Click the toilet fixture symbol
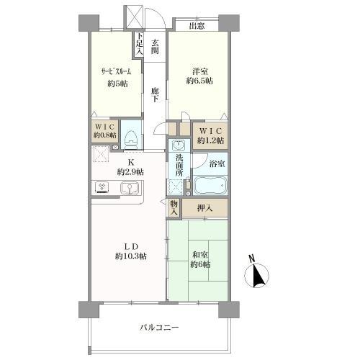130,140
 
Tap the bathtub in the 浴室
210,185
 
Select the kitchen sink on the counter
130,187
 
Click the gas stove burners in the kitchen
102,187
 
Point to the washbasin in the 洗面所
179,145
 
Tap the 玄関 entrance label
155,46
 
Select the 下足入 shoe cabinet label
140,44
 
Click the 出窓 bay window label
197,26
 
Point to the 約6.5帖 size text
199,81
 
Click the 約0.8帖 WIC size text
105,135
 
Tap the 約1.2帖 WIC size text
210,140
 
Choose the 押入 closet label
205,208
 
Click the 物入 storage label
174,208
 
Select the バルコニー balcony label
159,328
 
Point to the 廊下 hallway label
155,95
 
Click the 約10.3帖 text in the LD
131,256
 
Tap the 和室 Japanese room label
200,255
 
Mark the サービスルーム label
117,71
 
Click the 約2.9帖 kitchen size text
130,172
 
